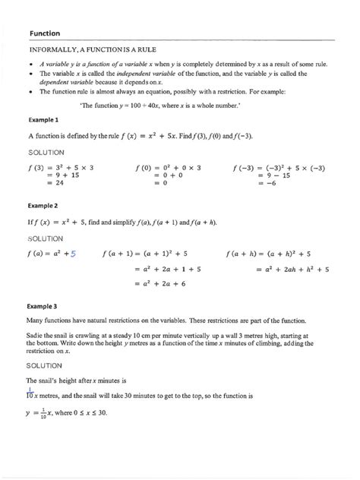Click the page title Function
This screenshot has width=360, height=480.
(45, 33)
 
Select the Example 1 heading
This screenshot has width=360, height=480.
(43, 120)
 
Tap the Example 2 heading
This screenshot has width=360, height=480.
(43, 205)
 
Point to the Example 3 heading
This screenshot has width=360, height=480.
(43, 306)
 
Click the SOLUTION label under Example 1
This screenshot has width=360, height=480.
(47, 152)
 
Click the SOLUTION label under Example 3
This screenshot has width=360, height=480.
(47, 365)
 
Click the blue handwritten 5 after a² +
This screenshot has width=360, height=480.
(74, 254)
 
